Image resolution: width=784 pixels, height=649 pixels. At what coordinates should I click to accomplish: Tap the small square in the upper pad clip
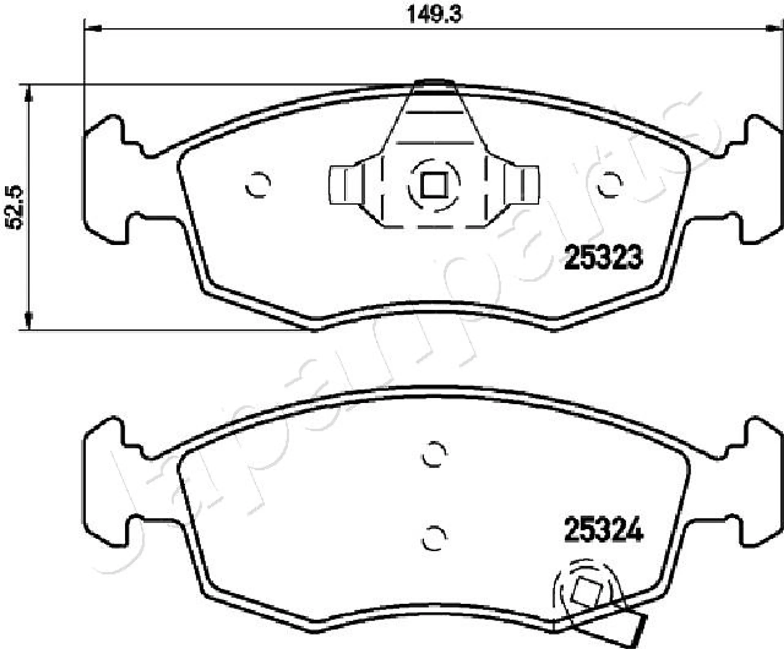pyautogui.click(x=434, y=185)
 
